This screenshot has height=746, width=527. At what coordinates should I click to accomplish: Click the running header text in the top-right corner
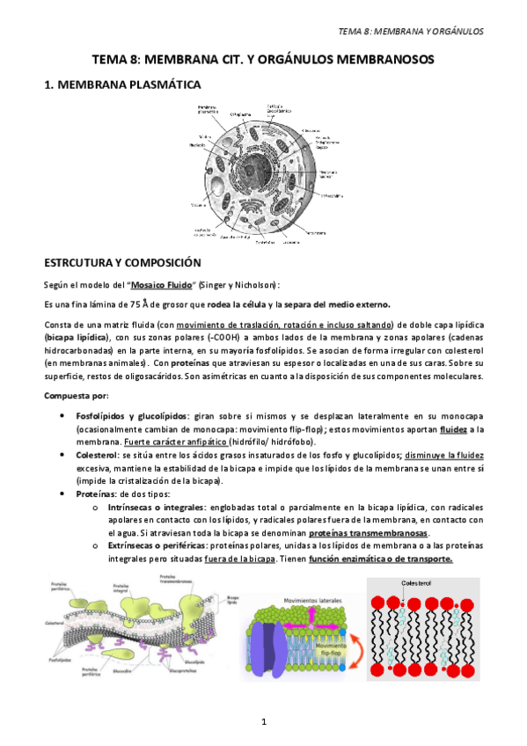pyautogui.click(x=411, y=33)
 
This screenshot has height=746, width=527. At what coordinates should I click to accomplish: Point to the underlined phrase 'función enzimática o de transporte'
pyautogui.click(x=383, y=559)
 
